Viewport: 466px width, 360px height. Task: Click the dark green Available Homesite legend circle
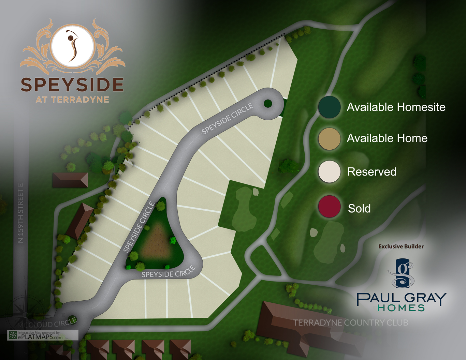329,107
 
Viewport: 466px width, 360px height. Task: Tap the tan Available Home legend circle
329,139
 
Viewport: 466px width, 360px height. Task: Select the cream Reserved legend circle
329,171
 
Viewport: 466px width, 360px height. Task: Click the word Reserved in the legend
372,172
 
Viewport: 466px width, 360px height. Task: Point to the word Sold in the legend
359,208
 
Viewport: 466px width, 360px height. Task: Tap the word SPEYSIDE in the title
72,85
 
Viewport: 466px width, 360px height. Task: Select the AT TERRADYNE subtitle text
72,100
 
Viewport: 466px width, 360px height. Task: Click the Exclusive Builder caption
401,246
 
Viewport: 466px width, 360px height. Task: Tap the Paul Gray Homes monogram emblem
402,273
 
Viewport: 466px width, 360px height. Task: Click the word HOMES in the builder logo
401,308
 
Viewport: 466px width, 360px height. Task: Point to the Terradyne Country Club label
350,322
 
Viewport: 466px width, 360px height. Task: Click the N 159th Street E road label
21,213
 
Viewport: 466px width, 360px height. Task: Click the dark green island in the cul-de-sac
268,103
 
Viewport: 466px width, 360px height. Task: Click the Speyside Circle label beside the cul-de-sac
228,118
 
